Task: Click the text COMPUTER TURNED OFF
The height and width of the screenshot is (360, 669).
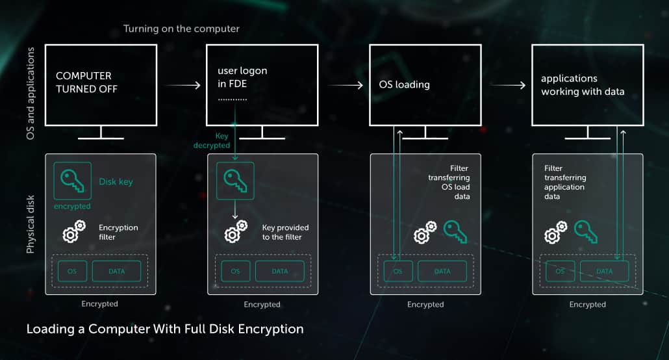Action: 87,83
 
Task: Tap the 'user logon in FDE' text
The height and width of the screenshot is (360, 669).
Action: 243,77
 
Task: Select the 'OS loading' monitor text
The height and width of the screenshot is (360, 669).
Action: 404,84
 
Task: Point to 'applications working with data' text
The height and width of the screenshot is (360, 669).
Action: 582,84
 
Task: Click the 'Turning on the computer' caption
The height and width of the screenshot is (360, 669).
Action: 181,29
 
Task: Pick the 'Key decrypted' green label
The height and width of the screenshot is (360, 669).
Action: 212,141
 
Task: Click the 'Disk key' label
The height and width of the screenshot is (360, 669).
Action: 116,182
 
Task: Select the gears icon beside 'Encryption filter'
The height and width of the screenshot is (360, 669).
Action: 73,231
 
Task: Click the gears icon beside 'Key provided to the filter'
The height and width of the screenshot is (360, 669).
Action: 235,231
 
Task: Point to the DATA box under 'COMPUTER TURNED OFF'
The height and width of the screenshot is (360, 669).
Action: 116,271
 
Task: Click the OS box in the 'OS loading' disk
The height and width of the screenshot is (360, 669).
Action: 398,271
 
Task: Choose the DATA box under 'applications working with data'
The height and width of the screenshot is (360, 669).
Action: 604,271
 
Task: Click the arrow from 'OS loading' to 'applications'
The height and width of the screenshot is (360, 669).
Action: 507,84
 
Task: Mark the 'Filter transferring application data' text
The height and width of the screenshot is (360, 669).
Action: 565,182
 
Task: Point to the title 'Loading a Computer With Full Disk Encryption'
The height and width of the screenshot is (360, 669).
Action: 165,329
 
